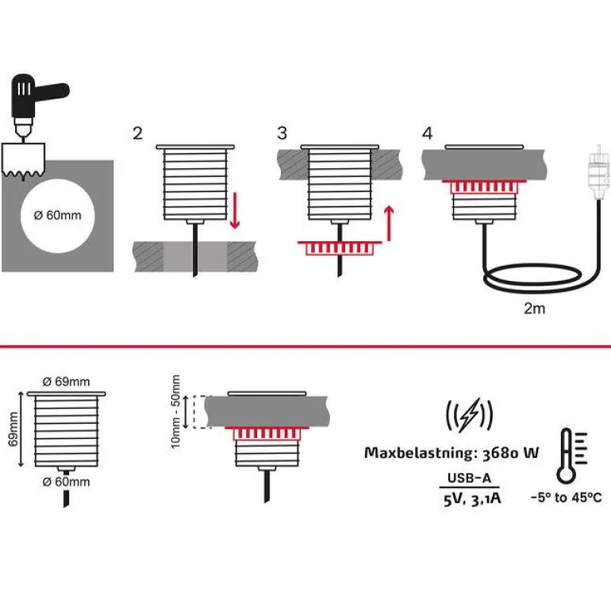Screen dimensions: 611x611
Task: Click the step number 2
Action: coord(138,133)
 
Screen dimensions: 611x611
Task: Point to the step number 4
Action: coord(428,133)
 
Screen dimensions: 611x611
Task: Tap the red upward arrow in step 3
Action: coord(389,223)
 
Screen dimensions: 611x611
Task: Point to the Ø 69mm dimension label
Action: coord(66,382)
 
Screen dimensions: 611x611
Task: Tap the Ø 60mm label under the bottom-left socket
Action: coord(66,482)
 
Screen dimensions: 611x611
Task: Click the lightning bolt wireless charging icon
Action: coord(469,413)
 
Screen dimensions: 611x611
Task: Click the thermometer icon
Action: coord(567,456)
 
